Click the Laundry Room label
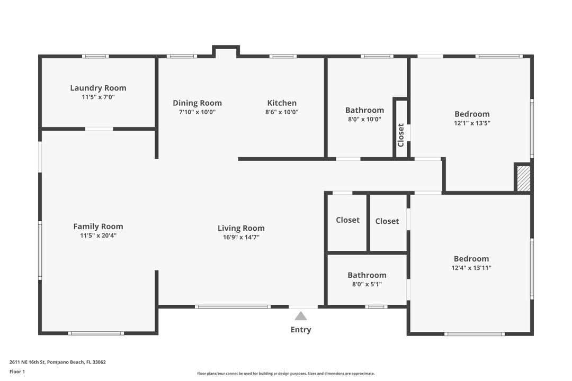click(x=98, y=88)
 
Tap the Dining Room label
click(x=197, y=103)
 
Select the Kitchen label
click(x=282, y=103)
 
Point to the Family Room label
click(x=98, y=226)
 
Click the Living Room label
click(x=241, y=228)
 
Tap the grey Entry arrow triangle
click(x=301, y=316)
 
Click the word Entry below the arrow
click(x=301, y=330)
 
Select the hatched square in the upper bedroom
click(x=523, y=178)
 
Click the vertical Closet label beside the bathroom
click(x=401, y=135)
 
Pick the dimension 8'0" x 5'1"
click(x=367, y=284)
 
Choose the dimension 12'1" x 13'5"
click(x=472, y=123)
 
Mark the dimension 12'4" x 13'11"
click(x=471, y=268)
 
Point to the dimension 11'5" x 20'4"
click(x=98, y=235)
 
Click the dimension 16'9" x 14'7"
click(x=241, y=237)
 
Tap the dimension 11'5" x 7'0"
click(x=98, y=97)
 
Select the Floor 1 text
click(x=17, y=371)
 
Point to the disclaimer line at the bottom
click(x=286, y=374)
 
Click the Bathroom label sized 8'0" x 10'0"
click(x=364, y=110)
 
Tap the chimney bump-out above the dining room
click(x=226, y=51)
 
